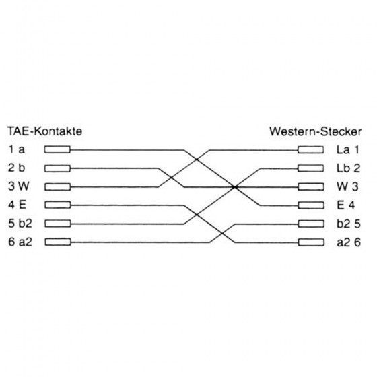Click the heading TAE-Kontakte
pos(45,131)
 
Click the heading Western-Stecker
pos(315,131)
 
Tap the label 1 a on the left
pos(17,149)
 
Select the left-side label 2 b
pos(17,168)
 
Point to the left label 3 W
pos(19,186)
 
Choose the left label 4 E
pos(18,205)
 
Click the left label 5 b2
pos(20,224)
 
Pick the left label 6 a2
pos(20,242)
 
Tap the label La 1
pos(348,149)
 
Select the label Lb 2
pos(349,168)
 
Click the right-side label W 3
pos(347,186)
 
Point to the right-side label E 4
pos(346,205)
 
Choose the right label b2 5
pos(349,224)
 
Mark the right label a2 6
pos(349,242)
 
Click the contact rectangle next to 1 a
pos(57,149)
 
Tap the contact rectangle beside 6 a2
pos(58,242)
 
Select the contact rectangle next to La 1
pos(310,149)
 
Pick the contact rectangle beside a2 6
pos(311,242)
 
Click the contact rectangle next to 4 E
pos(58,205)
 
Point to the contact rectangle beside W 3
pos(311,187)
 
